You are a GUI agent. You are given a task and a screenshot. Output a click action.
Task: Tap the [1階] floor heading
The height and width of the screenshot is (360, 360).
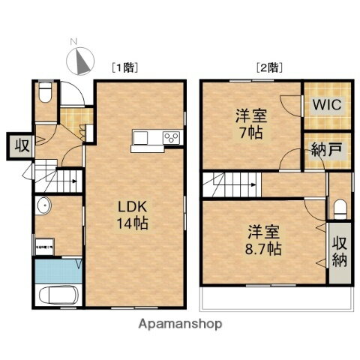coord(124,67)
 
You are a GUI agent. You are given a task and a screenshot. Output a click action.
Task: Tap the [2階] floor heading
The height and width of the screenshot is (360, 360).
coord(268,67)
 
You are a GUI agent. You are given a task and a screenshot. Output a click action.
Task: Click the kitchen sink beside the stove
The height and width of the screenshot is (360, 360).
coord(142,137)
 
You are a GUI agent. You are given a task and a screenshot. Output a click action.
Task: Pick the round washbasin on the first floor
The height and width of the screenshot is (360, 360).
coord(43,208)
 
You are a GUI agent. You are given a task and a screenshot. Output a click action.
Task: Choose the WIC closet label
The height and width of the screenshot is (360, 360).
coord(325,105)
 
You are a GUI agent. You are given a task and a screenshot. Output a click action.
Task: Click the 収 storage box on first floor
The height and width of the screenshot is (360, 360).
coord(19,146)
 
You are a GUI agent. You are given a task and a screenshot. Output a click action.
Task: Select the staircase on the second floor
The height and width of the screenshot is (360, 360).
coord(232,181)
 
